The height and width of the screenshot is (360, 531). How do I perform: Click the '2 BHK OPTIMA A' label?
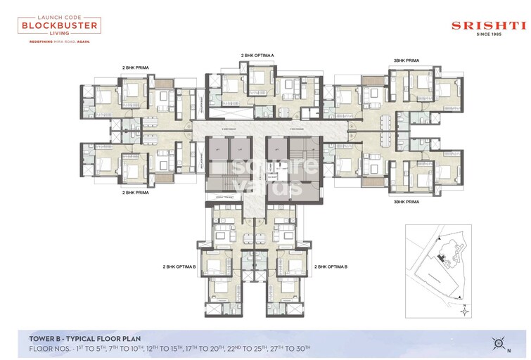click(x=257, y=55)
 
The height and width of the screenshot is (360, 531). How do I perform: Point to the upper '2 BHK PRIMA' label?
click(x=136, y=68)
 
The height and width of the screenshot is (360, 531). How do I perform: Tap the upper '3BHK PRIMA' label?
click(x=406, y=61)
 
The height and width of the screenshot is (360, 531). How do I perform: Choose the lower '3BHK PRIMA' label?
click(x=407, y=202)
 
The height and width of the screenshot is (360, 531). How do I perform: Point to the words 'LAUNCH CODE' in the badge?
click(x=59, y=15)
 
